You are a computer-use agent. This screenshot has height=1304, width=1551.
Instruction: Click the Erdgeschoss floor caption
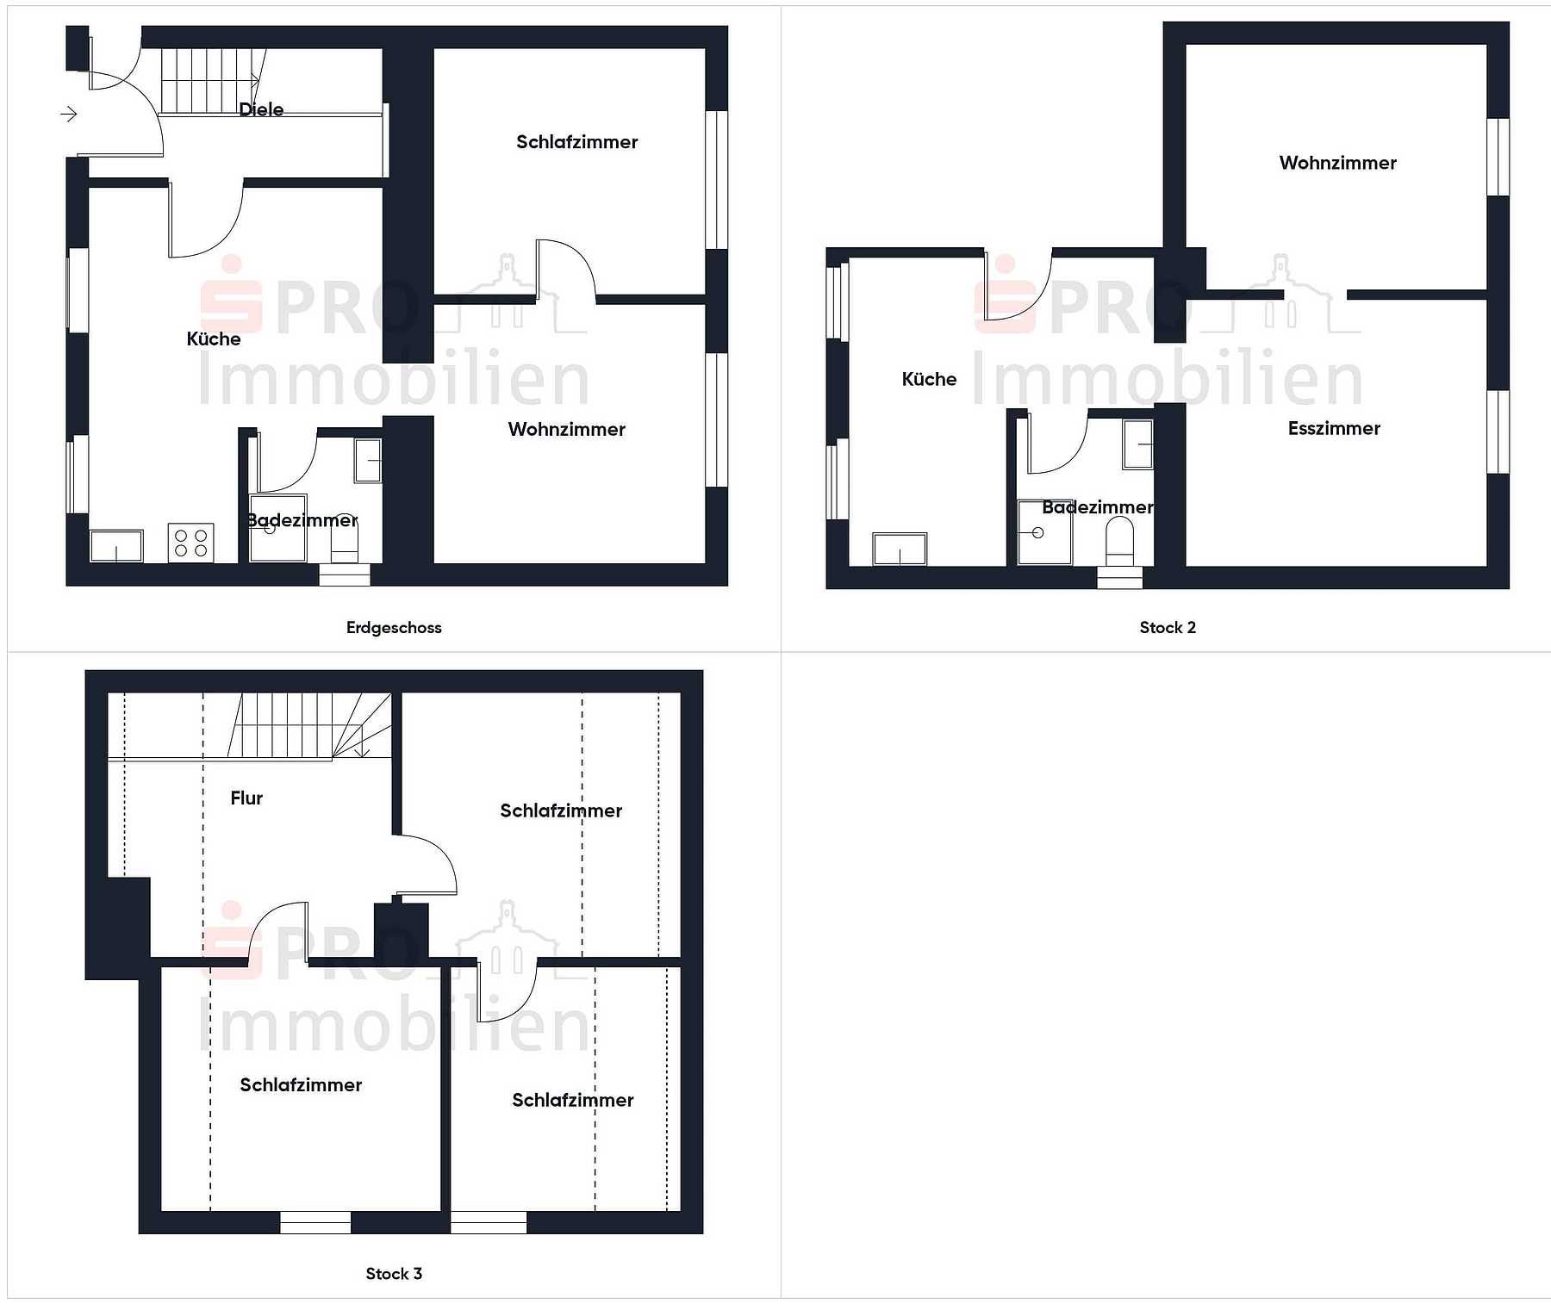click(x=394, y=628)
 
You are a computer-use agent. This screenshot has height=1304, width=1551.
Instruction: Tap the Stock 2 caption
click(x=1168, y=628)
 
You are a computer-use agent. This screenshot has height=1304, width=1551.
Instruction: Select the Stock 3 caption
click(x=394, y=1274)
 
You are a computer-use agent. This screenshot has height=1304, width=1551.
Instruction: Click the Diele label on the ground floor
click(x=261, y=109)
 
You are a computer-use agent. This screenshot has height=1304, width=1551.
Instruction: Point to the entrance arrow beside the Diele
click(x=69, y=114)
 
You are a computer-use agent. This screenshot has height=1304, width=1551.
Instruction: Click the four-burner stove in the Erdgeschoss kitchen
click(x=190, y=543)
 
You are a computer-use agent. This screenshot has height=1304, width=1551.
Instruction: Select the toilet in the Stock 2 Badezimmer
click(x=1119, y=542)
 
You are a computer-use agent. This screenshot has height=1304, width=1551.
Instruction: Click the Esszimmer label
click(x=1334, y=429)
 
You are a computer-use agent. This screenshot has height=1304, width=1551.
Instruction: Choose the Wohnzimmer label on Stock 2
click(x=1337, y=163)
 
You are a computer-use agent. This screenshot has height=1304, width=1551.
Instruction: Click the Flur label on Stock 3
click(x=246, y=798)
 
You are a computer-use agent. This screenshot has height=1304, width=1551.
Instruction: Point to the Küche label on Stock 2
click(x=929, y=379)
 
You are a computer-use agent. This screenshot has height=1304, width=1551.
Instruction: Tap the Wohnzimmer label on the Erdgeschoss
click(x=566, y=429)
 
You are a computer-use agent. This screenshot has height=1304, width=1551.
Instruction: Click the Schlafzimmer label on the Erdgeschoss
click(x=576, y=142)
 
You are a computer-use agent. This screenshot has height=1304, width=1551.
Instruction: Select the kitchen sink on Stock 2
click(x=900, y=550)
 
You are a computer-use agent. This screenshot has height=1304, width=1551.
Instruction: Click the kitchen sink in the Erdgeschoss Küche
click(x=116, y=546)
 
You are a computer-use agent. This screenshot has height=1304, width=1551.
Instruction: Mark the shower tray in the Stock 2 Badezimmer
click(x=1044, y=532)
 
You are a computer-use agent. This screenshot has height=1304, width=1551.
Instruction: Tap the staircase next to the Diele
click(x=212, y=80)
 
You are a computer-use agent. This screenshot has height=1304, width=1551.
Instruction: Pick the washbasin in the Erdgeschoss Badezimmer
click(x=368, y=460)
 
